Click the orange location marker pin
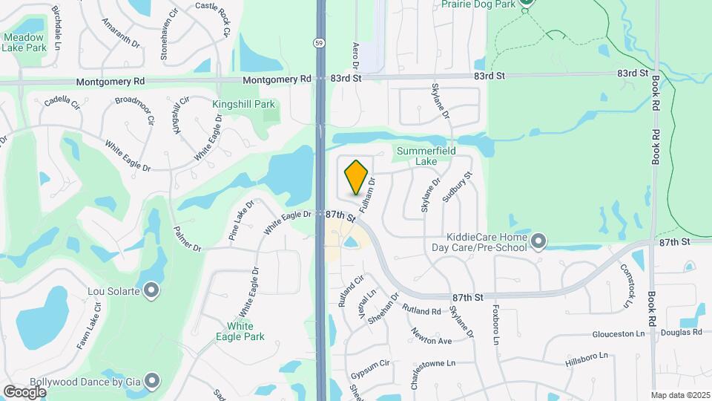(x=357, y=177)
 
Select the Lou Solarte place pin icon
(x=151, y=290)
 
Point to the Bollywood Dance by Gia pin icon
(x=152, y=382)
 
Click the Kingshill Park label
(x=243, y=105)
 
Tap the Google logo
(x=24, y=391)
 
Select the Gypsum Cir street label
(x=370, y=365)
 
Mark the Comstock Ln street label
(x=627, y=286)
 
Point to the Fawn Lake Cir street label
(x=88, y=327)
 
